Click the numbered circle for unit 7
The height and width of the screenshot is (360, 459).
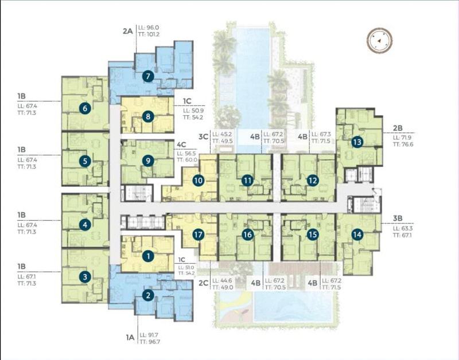148,77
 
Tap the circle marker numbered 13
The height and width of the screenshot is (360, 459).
357,142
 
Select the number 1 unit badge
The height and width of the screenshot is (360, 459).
148,256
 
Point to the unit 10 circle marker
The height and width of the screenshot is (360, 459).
198,181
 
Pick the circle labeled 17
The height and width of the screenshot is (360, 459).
198,234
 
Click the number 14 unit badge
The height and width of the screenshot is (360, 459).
357,234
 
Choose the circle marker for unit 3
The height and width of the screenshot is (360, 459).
85,277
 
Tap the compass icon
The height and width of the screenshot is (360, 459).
380,41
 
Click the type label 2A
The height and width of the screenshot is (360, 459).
127,31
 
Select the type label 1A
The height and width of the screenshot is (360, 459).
130,338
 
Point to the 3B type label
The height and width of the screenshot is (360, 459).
398,218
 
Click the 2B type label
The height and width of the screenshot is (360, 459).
398,128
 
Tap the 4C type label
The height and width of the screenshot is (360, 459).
181,145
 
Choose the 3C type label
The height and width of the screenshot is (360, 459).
203,136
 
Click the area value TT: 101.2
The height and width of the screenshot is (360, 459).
149,34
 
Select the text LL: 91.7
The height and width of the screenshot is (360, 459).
149,335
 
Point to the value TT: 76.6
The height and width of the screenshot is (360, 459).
403,144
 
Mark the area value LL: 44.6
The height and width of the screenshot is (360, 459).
222,281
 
